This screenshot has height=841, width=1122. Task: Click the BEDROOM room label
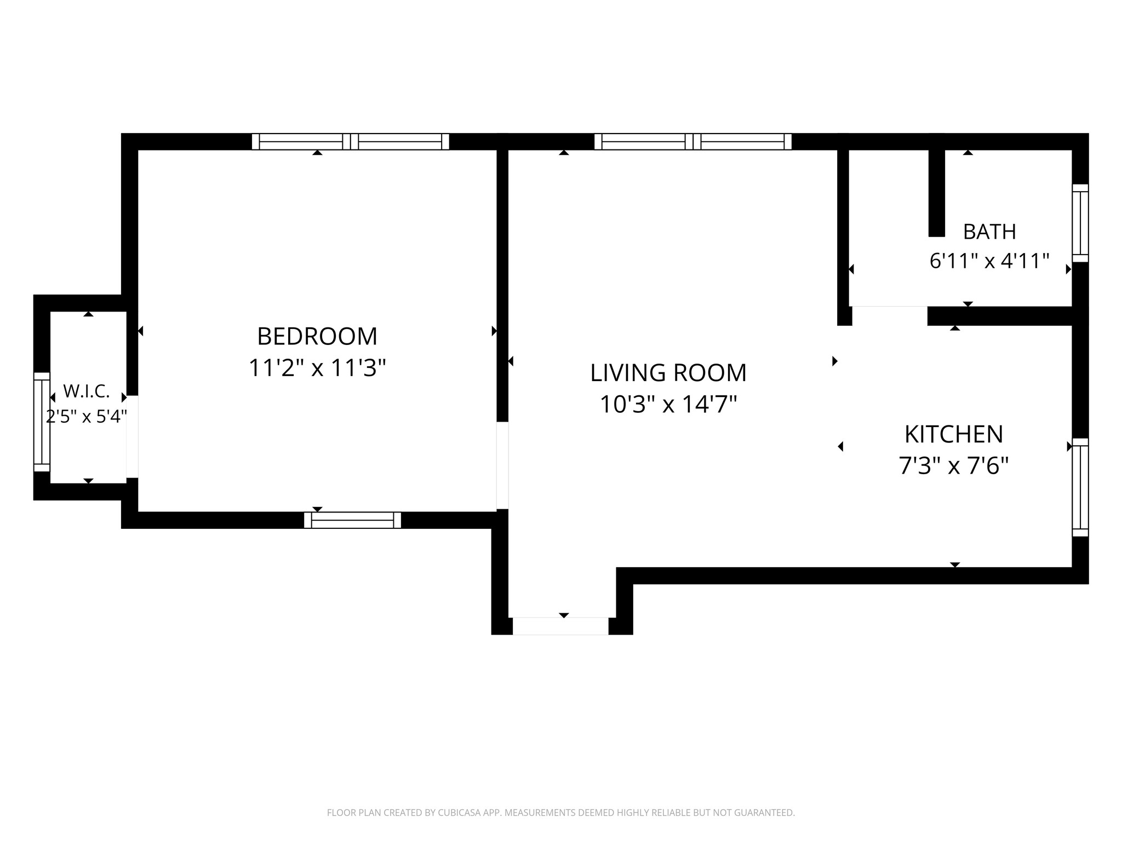pos(317,336)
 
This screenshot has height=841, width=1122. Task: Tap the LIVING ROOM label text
pos(668,373)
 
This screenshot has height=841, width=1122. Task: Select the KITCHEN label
pos(954,434)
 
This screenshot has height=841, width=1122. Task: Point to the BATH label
pos(989,232)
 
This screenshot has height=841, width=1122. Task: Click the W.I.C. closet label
pos(87,391)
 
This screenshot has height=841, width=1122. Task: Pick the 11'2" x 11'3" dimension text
pos(317,368)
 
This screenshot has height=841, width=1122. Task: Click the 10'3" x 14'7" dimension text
pos(668,405)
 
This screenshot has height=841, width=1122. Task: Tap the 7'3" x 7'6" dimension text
pos(954,466)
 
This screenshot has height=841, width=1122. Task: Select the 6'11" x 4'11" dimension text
pos(989,261)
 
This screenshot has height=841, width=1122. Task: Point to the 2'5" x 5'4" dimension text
pos(87,417)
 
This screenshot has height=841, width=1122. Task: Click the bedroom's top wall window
pos(351,142)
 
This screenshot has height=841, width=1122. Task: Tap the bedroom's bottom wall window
pos(353,520)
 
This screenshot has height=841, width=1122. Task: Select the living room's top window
pos(693,142)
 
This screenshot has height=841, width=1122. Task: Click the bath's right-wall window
pos(1080,223)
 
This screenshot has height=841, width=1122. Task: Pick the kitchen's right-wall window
pos(1080,487)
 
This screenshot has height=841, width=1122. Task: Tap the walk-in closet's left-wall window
pos(42,422)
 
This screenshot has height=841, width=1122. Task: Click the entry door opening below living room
pos(560,626)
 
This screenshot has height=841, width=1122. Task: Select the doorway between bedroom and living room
pos(502,465)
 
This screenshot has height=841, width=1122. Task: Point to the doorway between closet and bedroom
pos(132,436)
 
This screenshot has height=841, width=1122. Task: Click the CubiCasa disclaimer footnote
pos(561,813)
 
